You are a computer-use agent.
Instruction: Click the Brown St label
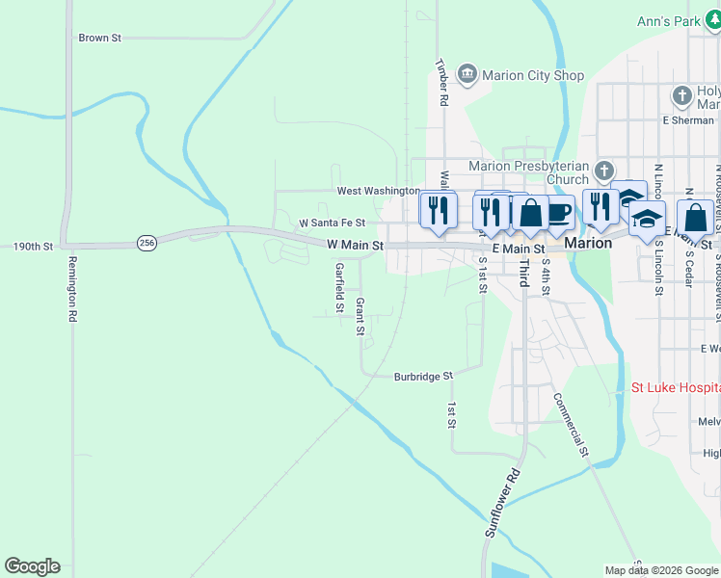click(100, 39)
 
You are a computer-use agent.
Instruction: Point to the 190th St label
click(33, 247)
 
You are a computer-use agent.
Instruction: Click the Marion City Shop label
click(533, 75)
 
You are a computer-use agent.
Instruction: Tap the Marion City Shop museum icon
click(467, 73)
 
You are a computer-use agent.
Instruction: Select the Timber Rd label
click(442, 83)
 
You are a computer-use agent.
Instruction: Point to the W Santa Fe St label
click(332, 223)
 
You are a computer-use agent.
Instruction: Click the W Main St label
click(355, 246)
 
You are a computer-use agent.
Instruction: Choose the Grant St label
click(360, 316)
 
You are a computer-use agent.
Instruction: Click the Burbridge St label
click(423, 377)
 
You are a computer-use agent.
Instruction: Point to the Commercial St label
click(571, 423)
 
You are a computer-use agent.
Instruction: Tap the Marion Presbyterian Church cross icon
click(603, 171)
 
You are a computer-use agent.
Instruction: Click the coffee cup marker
click(558, 212)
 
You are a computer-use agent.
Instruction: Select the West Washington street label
click(378, 191)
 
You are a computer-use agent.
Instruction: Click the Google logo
click(32, 566)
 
